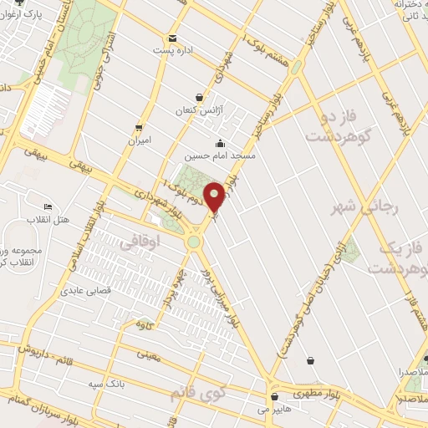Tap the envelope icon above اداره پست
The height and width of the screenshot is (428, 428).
(x=172, y=38)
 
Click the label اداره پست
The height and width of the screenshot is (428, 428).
(x=173, y=51)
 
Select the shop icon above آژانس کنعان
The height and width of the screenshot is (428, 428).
(x=198, y=98)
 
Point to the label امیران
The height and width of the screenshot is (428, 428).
(x=138, y=140)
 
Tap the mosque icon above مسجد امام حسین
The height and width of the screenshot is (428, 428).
(x=219, y=143)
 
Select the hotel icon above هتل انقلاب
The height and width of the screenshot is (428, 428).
(x=48, y=206)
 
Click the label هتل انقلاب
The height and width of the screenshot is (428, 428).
(x=53, y=219)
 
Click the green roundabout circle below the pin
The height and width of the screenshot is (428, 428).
(x=195, y=242)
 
